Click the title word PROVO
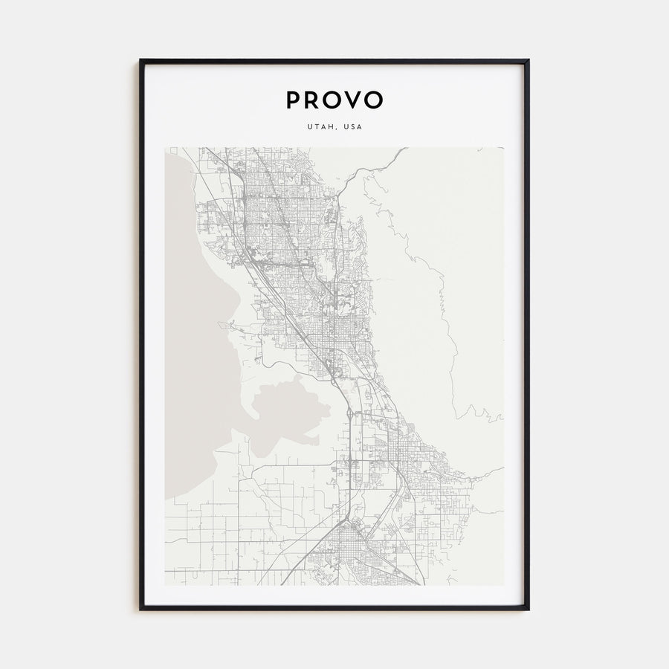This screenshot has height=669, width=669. [x=334, y=100]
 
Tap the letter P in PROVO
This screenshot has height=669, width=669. [x=292, y=100]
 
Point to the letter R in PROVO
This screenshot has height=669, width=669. [x=311, y=100]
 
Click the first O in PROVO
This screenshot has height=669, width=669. [x=332, y=100]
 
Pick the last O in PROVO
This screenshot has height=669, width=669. [x=375, y=100]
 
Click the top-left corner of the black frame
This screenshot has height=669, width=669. [x=140, y=60]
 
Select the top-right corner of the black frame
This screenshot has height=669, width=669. [x=528, y=60]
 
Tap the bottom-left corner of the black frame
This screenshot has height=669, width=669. [x=140, y=609]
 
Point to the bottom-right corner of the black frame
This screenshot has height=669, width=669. [x=528, y=609]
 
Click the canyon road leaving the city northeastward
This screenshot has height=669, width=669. [x=372, y=168]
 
